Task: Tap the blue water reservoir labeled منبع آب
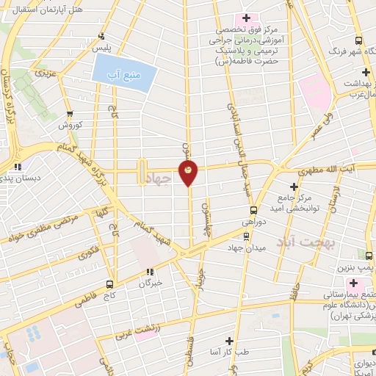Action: point(126,71)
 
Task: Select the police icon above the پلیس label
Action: point(102,35)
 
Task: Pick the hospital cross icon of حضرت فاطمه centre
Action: point(246,18)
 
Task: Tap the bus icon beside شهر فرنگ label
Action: point(358,41)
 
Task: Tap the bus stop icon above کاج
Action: point(110,284)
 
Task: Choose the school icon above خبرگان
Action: point(151,271)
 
